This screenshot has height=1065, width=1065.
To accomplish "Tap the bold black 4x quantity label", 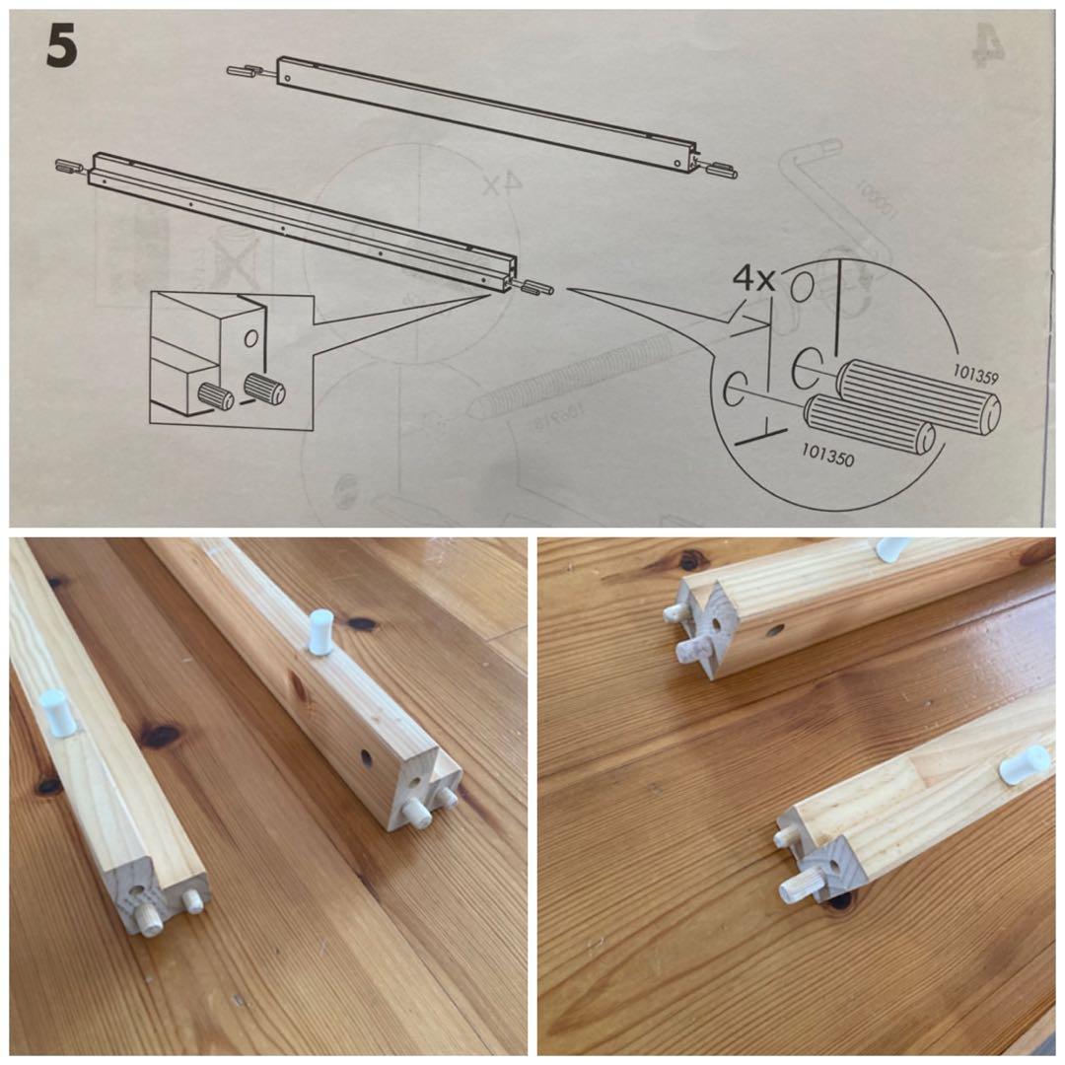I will pos(754,279).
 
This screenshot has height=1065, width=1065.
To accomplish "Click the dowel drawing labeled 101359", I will pos(917,395).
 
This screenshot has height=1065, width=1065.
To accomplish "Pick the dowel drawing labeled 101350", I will pos(868,424).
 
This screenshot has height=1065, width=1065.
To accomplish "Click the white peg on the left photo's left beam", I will pos(57,712).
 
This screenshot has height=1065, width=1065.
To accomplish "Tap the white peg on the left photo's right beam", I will pos(320,631).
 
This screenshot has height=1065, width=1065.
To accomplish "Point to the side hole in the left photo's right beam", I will pos(366,757).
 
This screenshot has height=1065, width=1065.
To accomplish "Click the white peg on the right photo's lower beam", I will pos(1023,765).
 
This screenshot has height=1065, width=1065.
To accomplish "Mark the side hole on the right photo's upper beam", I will pos(773,628).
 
